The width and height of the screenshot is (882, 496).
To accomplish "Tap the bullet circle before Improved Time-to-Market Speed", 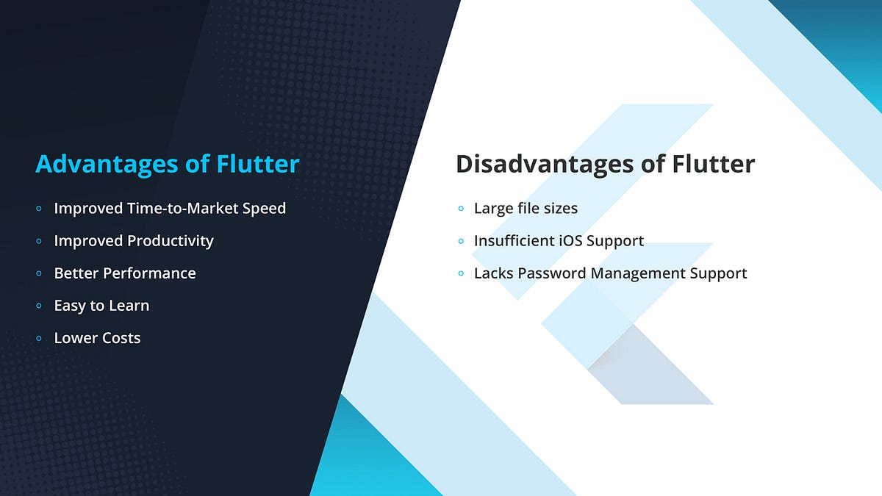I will click(39, 209).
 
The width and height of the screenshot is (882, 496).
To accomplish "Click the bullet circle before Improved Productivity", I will click(39, 242).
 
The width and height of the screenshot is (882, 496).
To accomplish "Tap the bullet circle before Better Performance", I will click(39, 274).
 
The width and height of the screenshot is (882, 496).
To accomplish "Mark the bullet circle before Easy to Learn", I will click(39, 306).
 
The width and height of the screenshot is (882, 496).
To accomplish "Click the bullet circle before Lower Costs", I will click(39, 339).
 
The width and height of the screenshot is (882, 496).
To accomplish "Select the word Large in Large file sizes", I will click(493, 209).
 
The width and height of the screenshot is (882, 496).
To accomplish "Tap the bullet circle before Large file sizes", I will click(460, 209).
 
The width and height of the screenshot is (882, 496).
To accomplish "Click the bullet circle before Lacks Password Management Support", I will click(460, 274).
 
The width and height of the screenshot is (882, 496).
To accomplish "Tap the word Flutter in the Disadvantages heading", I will click(713, 163).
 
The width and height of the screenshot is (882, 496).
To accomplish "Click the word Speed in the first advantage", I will click(263, 209).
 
